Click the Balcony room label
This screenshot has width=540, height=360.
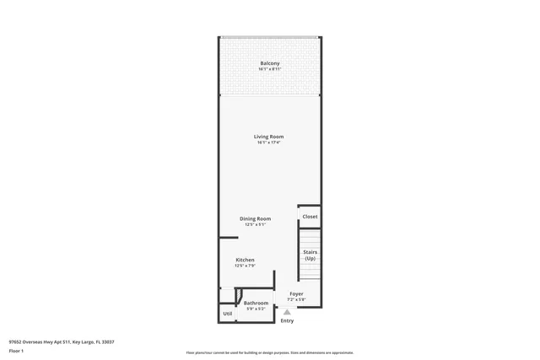click(270, 64)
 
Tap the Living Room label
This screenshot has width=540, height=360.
click(269, 137)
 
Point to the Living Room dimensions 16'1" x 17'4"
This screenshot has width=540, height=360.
click(269, 142)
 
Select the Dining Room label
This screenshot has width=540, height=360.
click(255, 218)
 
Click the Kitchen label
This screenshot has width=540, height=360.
click(245, 260)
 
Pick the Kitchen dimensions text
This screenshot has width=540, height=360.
click(245, 266)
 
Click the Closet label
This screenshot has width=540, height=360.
click(310, 217)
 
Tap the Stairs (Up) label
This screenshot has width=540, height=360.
click(310, 255)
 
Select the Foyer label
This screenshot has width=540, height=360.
click(296, 294)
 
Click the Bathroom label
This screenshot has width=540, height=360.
click(256, 303)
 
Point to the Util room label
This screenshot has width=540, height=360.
click(228, 314)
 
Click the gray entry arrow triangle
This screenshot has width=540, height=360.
click(287, 311)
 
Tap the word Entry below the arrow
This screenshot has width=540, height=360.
click(287, 320)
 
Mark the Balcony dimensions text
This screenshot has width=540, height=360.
click(270, 70)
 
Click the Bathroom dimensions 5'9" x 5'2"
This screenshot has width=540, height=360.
click(256, 309)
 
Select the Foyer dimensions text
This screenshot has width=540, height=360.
click(296, 299)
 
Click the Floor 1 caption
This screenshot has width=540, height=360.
click(16, 350)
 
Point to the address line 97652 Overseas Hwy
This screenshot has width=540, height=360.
click(62, 341)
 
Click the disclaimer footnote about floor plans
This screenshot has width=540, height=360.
click(269, 352)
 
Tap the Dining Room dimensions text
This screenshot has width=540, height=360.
click(255, 224)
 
